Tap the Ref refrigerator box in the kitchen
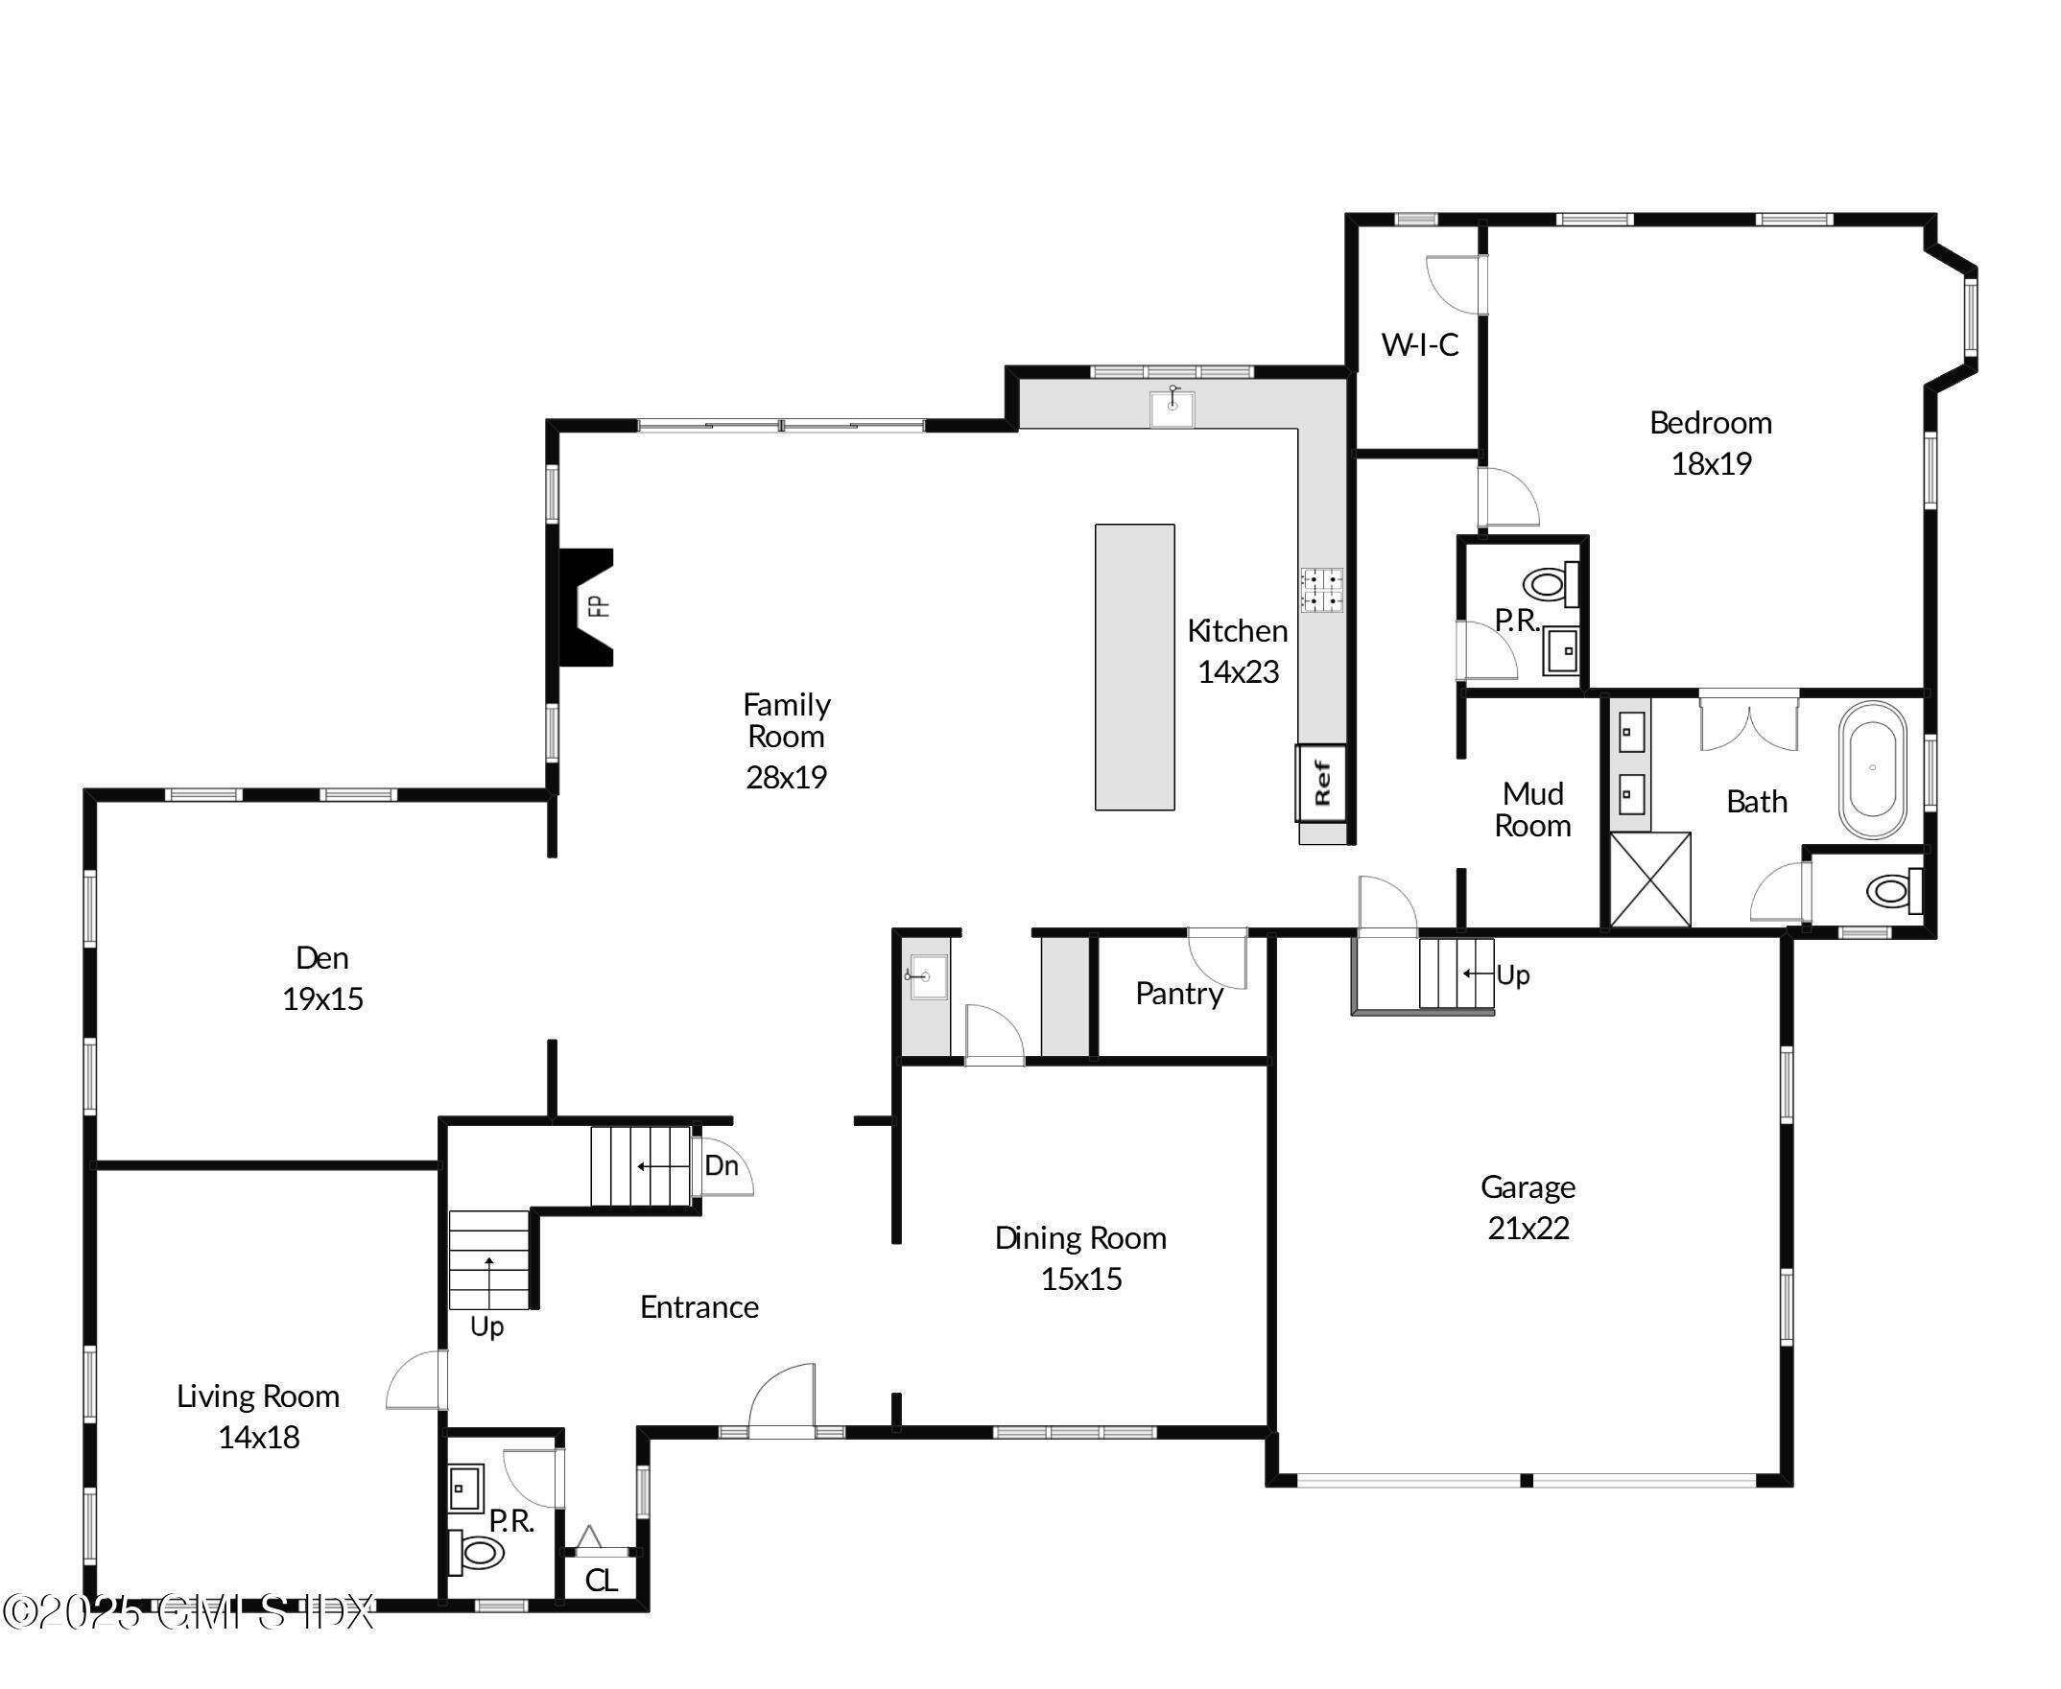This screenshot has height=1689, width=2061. [1321, 783]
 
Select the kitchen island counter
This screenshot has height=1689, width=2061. [1135, 667]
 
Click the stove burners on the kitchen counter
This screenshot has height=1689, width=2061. [1321, 590]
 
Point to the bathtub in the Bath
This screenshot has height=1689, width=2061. [1871, 768]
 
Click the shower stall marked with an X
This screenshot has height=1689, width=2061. [1650, 880]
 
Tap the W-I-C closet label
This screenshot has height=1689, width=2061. [1420, 344]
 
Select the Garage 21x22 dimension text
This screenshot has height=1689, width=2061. [1528, 1228]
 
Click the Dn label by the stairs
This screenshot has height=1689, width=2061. [721, 1165]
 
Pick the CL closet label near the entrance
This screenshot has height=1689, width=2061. [601, 1580]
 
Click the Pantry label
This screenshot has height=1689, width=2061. [1178, 994]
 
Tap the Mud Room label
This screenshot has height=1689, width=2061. [1532, 809]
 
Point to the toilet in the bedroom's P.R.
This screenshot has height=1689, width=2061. [1548, 585]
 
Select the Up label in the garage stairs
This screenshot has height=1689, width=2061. [1512, 974]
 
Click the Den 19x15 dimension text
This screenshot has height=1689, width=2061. [322, 999]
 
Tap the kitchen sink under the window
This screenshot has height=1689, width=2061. [1172, 408]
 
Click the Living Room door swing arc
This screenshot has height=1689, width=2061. [414, 1379]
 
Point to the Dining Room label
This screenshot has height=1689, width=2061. [1080, 1237]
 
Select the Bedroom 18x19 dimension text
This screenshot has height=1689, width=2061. [1711, 464]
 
